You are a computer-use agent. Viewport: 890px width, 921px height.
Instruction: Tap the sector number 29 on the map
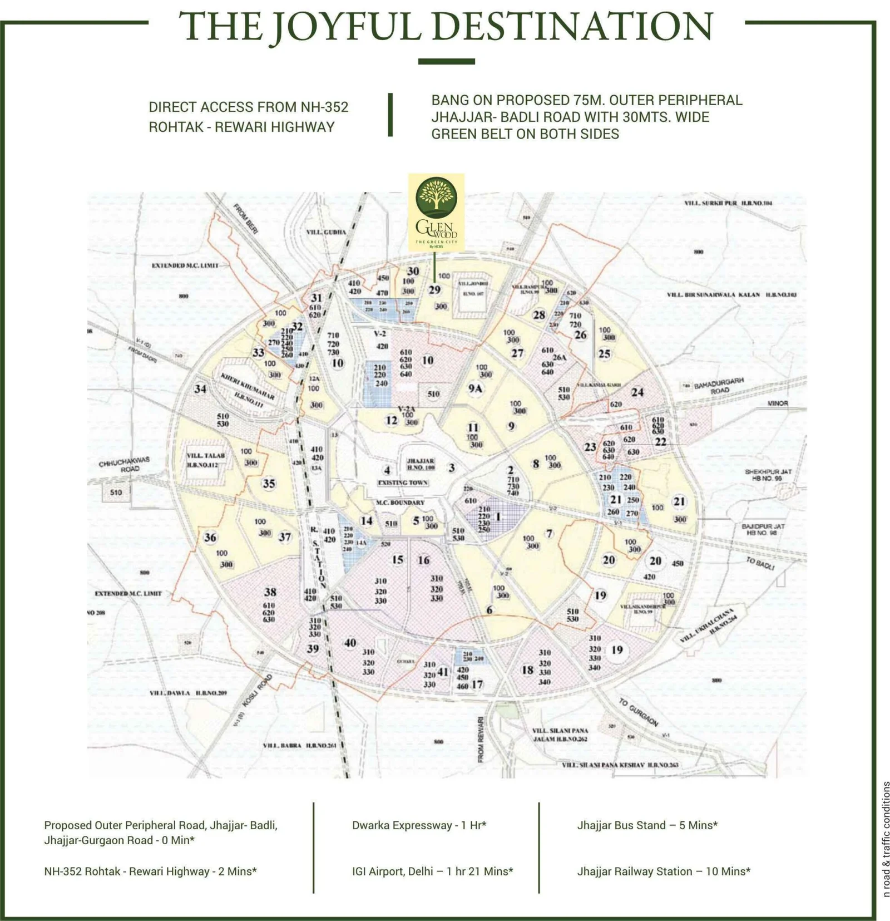434,290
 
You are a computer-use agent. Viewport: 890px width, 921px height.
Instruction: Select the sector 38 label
270,592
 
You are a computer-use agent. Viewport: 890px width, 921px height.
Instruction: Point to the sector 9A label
474,389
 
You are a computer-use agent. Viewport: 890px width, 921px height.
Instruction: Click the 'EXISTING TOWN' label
403,482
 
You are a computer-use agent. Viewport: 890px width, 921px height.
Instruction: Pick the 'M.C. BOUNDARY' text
400,503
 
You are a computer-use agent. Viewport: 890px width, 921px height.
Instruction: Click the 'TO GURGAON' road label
639,712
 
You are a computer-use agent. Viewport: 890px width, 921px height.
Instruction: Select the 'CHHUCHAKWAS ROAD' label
124,465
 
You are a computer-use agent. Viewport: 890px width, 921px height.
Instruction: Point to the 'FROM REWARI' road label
481,740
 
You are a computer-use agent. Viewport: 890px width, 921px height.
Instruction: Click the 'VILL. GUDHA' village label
326,232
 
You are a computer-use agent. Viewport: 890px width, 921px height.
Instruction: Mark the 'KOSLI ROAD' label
265,690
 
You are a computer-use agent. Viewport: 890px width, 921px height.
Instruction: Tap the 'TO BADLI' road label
760,563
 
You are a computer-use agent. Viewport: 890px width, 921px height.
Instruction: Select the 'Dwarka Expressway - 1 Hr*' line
419,825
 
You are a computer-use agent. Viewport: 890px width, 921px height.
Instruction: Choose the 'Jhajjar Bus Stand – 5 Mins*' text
647,825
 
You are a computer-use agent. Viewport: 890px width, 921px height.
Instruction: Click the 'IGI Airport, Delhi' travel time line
432,871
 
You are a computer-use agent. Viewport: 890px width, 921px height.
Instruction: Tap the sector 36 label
210,538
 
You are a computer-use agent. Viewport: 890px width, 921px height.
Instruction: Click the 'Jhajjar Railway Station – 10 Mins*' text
664,871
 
